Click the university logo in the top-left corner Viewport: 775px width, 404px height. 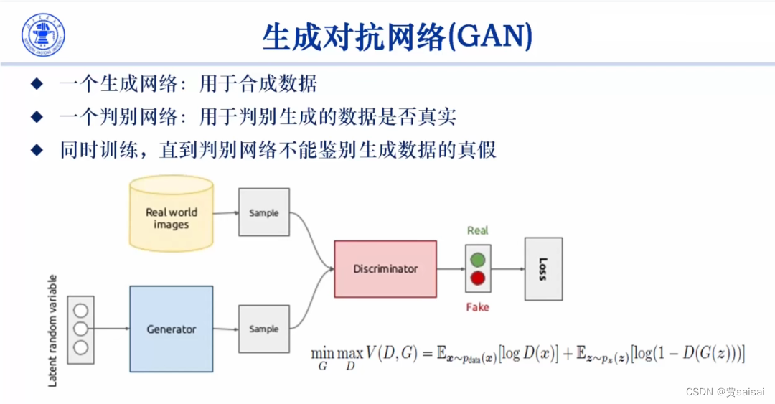(x=43, y=34)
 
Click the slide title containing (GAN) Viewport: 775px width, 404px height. (x=397, y=36)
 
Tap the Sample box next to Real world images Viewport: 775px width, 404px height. (x=263, y=212)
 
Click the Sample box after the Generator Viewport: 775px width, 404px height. (x=263, y=329)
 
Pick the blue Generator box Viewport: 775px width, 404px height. (x=171, y=329)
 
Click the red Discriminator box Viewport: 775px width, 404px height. (x=385, y=268)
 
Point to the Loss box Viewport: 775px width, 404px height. (x=542, y=268)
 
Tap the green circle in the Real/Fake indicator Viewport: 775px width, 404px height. (x=477, y=259)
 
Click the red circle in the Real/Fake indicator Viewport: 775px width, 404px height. (x=477, y=278)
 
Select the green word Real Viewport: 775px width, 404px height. (x=477, y=230)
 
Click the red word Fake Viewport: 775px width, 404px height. (x=477, y=307)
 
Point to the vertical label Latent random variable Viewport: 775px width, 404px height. (x=52, y=329)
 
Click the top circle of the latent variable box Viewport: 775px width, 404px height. (x=80, y=311)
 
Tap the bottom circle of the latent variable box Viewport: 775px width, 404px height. (x=80, y=348)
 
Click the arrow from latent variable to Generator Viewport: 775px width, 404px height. (x=111, y=329)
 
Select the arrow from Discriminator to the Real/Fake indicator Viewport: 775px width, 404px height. (x=451, y=269)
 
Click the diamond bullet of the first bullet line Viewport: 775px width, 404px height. (x=37, y=84)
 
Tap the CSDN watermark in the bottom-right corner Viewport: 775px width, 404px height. (x=725, y=392)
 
